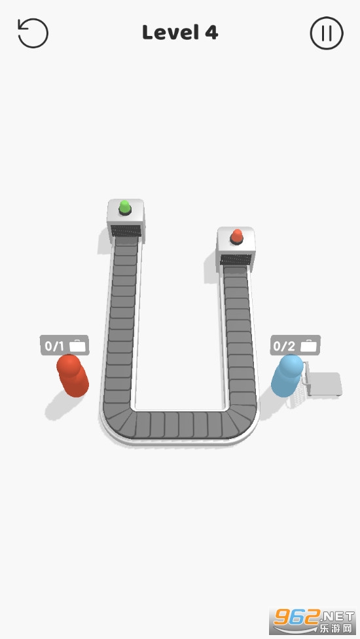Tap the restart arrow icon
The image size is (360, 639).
point(33,33)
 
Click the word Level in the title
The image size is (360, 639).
point(170,33)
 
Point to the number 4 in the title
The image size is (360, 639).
point(211,33)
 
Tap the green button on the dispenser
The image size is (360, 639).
point(125,207)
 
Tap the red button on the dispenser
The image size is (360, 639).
point(236,236)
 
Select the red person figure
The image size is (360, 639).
point(72,375)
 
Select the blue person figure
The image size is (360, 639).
point(287,374)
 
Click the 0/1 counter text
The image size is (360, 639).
point(54,347)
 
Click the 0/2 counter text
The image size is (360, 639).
point(284,347)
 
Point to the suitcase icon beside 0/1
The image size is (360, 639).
point(77,346)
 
